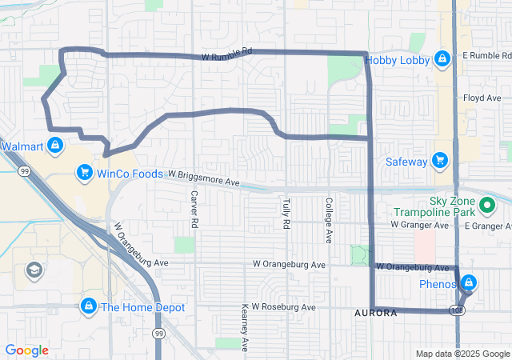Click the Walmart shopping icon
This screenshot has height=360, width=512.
pos(54,146)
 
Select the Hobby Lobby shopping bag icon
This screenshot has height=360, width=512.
pos(442,60)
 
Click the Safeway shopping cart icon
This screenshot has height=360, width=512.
pos(439,161)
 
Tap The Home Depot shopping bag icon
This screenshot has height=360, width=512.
pos(89,306)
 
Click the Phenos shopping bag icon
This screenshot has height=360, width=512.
pos(468,283)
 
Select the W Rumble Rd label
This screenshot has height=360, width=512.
pos(227,54)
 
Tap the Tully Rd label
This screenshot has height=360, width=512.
pos(286,214)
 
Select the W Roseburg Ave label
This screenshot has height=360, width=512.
pos(289,306)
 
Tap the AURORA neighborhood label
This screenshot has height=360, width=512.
pos(375,313)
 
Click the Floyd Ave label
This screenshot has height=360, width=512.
pos(482,98)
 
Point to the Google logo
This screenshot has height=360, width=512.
pos(26,350)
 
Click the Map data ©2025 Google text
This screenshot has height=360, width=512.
pos(462,354)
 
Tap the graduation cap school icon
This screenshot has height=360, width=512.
pos(35,270)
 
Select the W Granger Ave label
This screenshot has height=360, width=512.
pos(416,226)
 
